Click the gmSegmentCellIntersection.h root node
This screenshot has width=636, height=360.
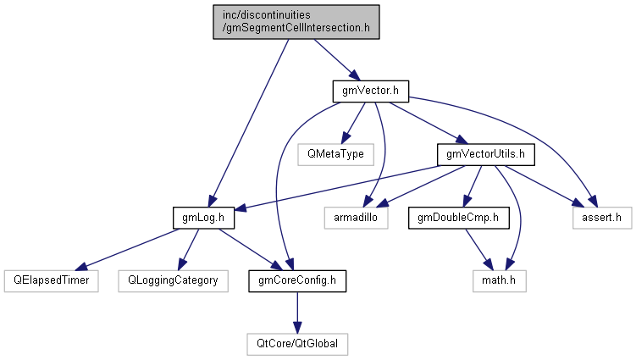296,20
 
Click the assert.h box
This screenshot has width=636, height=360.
600,217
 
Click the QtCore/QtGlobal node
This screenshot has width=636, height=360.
296,344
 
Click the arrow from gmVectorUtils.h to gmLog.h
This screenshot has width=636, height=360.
339,186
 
